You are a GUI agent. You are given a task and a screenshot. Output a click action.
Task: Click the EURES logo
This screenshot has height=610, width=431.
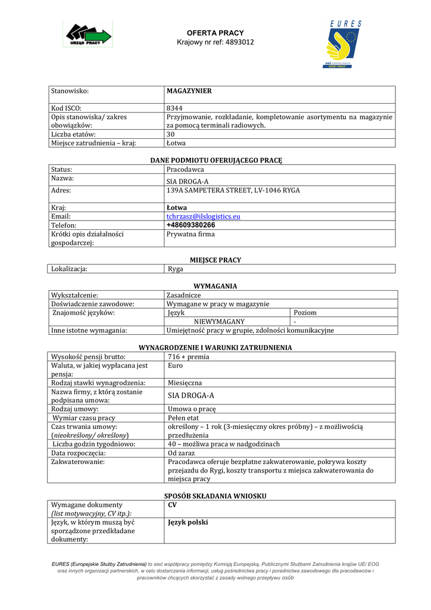[344, 45]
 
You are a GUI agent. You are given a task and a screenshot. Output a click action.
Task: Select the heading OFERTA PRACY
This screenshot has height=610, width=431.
[215, 33]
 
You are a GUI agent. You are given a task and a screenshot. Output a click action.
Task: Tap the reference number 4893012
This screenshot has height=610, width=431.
[240, 42]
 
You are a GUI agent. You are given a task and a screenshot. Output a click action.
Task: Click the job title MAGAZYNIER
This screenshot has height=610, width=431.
[189, 91]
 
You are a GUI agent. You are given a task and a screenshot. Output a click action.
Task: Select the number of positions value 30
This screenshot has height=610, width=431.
[171, 135]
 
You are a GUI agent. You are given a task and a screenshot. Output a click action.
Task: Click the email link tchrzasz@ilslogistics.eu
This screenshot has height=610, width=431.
[204, 216]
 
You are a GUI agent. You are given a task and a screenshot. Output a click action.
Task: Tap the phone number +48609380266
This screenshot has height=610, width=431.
[191, 225]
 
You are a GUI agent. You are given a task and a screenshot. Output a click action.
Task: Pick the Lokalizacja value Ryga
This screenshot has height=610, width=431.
[176, 269]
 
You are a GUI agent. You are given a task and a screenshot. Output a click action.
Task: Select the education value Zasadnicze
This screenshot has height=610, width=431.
[184, 295]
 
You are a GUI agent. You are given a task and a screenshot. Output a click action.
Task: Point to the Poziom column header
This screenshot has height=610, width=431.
[305, 313]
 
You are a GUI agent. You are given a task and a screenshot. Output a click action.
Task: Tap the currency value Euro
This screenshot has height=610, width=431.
[176, 366]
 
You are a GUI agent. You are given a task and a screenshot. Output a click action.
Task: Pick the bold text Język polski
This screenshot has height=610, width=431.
[188, 522]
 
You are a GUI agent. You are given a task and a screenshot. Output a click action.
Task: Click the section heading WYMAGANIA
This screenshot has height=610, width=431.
[215, 286]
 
